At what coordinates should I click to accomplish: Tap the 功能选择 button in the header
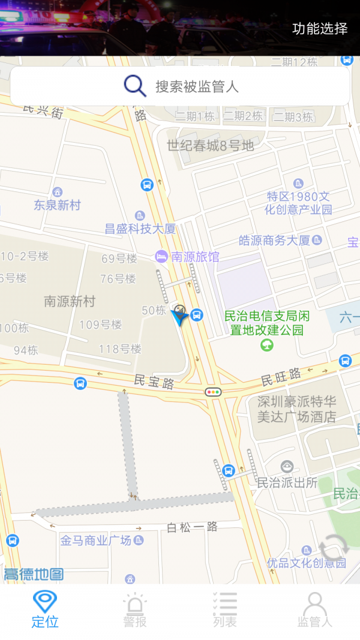point(319,28)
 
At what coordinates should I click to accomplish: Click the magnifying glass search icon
point(135,86)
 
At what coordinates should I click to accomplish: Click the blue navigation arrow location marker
point(179,316)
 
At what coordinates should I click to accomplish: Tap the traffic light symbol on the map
point(213,392)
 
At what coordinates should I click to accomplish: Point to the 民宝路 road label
point(154,380)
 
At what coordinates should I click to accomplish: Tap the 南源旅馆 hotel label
point(195,257)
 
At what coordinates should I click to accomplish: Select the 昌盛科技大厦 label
point(140,229)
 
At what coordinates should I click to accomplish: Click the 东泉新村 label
point(57,205)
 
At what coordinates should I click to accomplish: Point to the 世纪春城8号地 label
point(210,145)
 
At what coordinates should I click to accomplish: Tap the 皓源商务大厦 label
point(274,241)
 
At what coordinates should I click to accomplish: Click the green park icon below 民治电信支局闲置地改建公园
point(267,345)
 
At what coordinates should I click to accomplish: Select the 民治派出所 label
point(287,482)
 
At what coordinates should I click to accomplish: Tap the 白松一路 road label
point(191,527)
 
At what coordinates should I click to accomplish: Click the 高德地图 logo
point(33,574)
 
